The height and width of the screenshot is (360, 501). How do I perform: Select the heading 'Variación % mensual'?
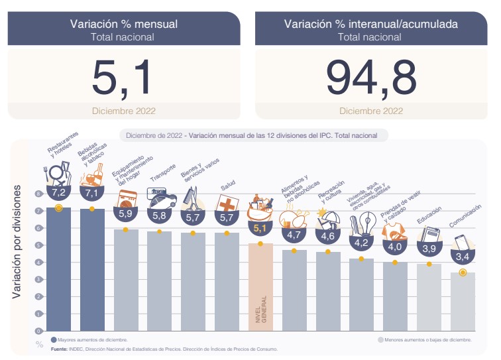click(x=123, y=24)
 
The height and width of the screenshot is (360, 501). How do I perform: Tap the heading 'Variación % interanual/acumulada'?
click(x=370, y=24)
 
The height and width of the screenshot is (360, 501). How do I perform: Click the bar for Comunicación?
click(x=463, y=302)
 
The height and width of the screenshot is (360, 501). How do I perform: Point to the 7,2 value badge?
click(x=58, y=193)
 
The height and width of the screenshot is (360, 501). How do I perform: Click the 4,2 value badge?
click(x=361, y=243)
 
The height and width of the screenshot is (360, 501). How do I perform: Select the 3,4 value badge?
click(x=463, y=257)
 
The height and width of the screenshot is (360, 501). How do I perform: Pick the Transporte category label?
click(x=161, y=174)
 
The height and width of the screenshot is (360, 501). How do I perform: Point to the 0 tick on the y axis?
click(x=39, y=331)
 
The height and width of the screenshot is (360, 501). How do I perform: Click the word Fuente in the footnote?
click(x=59, y=349)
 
